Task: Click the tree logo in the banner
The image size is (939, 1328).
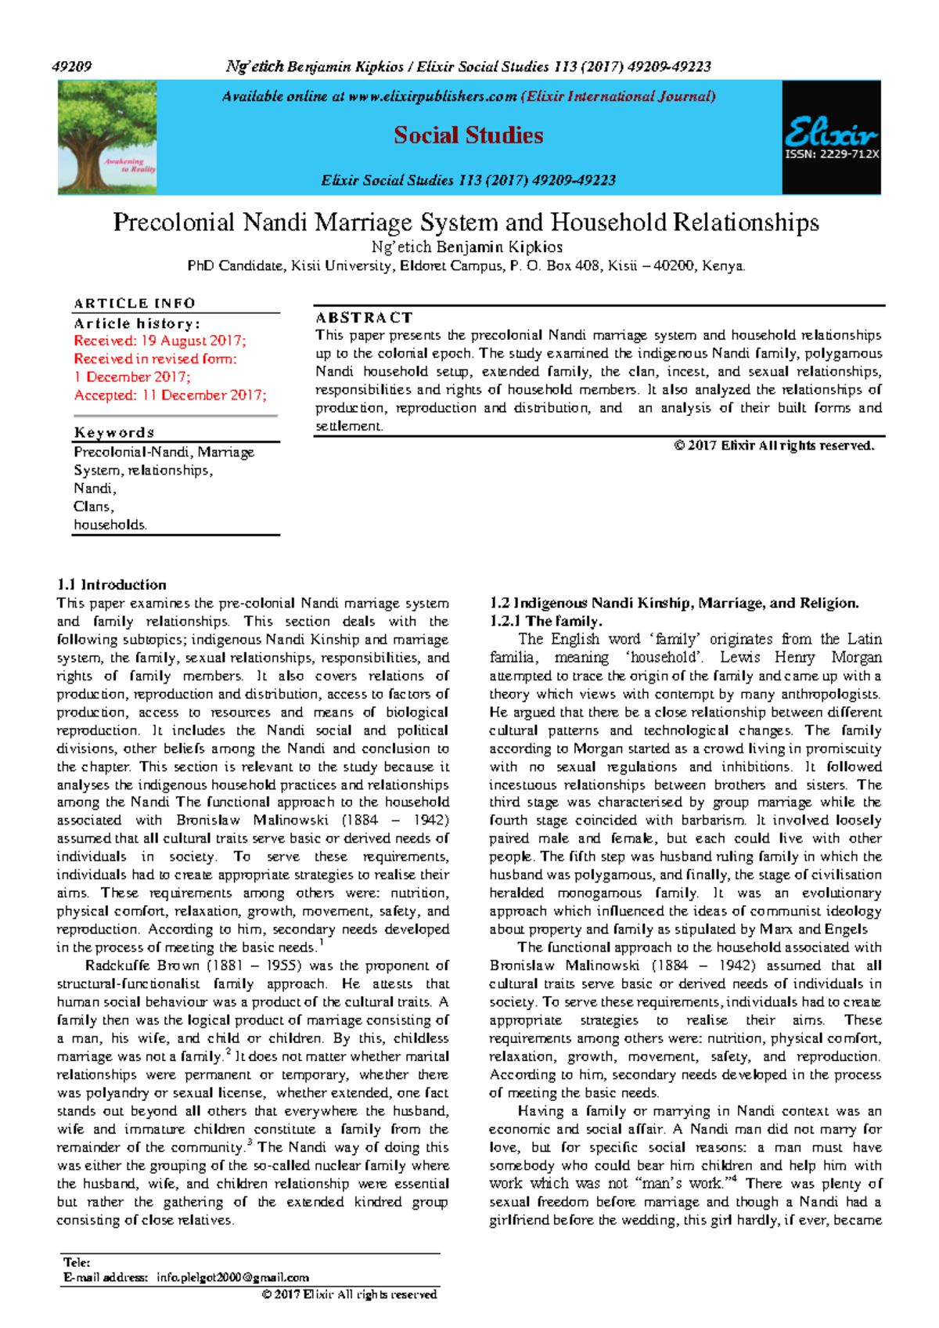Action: point(107,137)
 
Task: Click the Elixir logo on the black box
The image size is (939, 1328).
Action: point(831,132)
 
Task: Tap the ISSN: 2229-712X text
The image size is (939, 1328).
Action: point(832,154)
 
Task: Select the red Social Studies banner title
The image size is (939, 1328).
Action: point(468,135)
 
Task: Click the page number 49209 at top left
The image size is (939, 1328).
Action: point(72,67)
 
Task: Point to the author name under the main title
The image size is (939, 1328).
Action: point(467,247)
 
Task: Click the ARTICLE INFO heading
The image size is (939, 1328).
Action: point(135,303)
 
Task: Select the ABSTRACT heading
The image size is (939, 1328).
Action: point(364,317)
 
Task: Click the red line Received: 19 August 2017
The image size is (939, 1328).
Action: point(160,341)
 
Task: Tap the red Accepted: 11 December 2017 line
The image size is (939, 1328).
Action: point(170,395)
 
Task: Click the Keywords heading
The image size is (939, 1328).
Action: point(114,432)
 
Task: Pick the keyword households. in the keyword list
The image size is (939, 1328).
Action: point(110,525)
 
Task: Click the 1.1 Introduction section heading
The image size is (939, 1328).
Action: point(111,585)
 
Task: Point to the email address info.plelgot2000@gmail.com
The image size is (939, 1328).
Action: point(232,1277)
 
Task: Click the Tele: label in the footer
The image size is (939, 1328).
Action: point(77,1262)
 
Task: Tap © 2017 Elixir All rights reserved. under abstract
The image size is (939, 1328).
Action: point(773,446)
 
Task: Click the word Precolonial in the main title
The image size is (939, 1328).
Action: point(174,222)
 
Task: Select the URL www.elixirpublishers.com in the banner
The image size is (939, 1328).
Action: point(432,96)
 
